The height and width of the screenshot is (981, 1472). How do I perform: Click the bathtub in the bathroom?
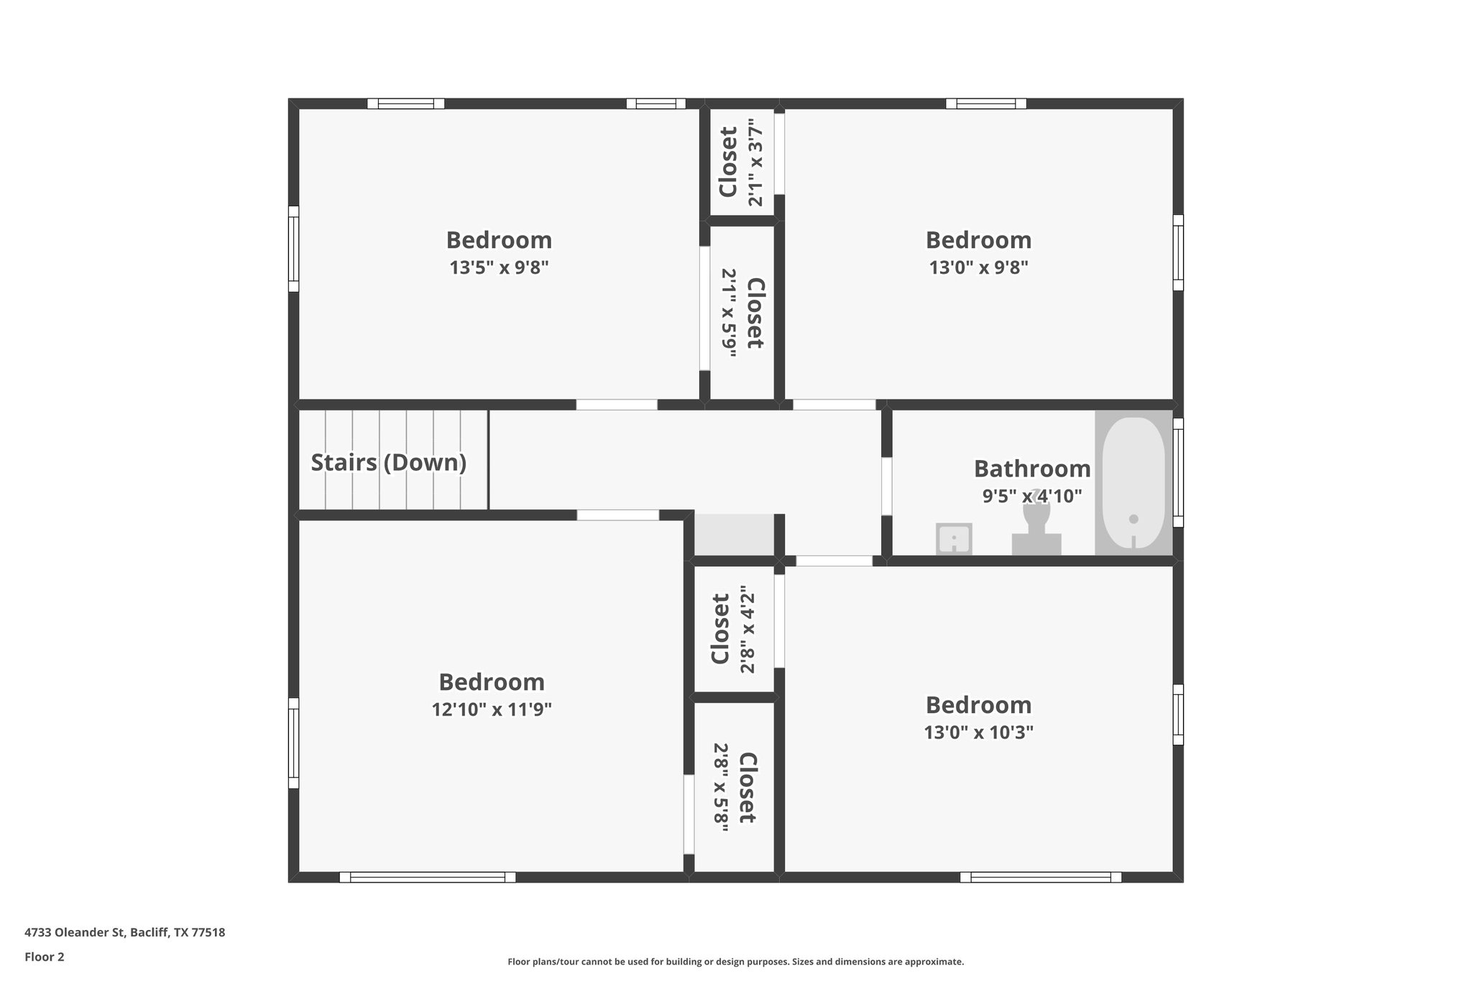(1133, 482)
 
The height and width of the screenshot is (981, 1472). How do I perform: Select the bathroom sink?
(954, 538)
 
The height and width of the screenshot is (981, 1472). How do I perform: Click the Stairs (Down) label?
(388, 462)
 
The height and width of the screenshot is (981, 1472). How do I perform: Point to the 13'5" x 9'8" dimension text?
(499, 268)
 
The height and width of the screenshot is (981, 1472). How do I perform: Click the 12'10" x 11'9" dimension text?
(492, 710)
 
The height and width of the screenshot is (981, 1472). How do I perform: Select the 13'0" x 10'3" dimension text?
(978, 733)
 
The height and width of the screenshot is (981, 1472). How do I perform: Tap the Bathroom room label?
(1031, 469)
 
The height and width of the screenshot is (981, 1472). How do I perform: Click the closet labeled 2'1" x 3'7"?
(741, 162)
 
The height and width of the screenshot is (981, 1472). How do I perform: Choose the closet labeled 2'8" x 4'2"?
(733, 629)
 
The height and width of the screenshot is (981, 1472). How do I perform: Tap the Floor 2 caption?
(45, 957)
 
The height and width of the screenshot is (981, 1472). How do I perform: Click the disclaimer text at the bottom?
(735, 962)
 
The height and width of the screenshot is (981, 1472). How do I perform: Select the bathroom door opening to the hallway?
(886, 487)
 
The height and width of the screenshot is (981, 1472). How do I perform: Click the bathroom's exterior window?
(1178, 473)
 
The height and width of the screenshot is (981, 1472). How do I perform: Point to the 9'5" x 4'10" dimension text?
(1031, 496)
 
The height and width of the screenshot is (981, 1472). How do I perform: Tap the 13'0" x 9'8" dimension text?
(978, 268)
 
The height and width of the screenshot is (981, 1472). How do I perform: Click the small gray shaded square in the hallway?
(733, 535)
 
